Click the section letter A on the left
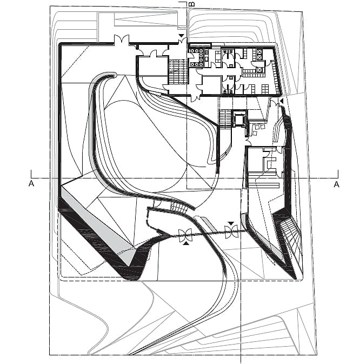pyautogui.click(x=31, y=184)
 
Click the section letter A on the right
pyautogui.click(x=336, y=184)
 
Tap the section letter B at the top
pyautogui.click(x=192, y=4)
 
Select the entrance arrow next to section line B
pyautogui.click(x=182, y=36)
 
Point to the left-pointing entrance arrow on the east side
pyautogui.click(x=282, y=101)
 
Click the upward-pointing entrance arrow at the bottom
pyautogui.click(x=186, y=243)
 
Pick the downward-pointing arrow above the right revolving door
pyautogui.click(x=231, y=223)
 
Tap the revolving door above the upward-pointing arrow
pyautogui.click(x=185, y=235)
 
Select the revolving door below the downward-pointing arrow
pyautogui.click(x=231, y=231)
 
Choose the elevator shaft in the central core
pyautogui.click(x=239, y=120)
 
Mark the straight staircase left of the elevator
pyautogui.click(x=225, y=118)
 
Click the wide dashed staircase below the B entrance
pyautogui.click(x=178, y=71)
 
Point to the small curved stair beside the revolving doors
pyautogui.click(x=178, y=207)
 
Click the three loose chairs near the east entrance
pyautogui.click(x=258, y=129)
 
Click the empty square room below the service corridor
pyautogui.click(x=211, y=85)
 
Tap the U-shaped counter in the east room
pyautogui.click(x=270, y=163)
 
